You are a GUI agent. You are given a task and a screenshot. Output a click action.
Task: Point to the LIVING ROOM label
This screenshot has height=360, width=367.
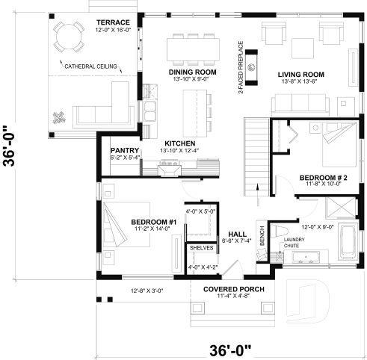(x=300, y=74)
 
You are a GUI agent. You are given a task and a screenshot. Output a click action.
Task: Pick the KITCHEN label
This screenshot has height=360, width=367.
(x=180, y=143)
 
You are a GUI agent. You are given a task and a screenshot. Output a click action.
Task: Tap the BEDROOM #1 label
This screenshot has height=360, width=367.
(x=153, y=222)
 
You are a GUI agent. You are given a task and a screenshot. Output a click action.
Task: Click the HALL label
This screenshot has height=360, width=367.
(x=237, y=233)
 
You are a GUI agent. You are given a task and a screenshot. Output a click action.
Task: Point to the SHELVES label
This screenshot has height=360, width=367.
(x=201, y=247)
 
